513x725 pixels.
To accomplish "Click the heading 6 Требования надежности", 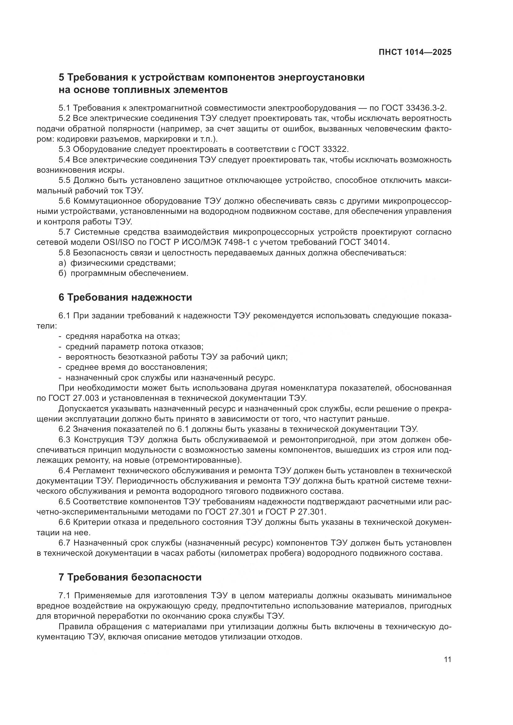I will (125, 298).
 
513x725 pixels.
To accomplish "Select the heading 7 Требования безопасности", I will (130, 577).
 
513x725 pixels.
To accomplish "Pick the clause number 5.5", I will (65, 180).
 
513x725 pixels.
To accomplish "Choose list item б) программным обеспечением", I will (123, 273).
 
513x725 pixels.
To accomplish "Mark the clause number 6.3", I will (65, 440).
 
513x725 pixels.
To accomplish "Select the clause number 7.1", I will (65, 595).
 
